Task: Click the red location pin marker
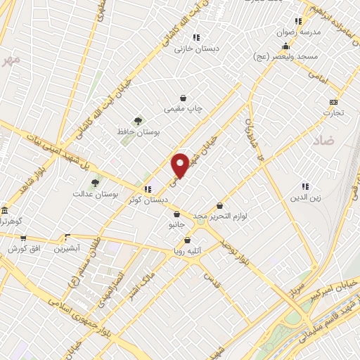[180, 165]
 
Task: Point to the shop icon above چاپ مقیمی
[184, 98]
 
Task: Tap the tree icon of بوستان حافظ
[138, 121]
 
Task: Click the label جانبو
[176, 225]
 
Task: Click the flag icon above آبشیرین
[67, 237]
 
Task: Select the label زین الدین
[305, 198]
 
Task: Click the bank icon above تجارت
[333, 102]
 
